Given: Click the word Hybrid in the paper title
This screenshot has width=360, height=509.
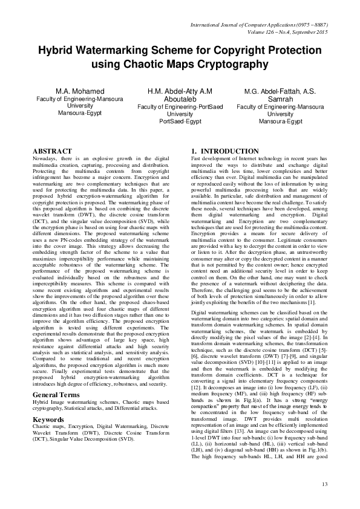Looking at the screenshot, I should click(x=57, y=51).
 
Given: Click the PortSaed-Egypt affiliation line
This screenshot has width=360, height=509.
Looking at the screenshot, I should click(x=180, y=121).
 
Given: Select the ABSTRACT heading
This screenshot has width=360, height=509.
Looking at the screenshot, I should click(x=52, y=151).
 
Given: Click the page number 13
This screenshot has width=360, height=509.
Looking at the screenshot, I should click(x=324, y=484).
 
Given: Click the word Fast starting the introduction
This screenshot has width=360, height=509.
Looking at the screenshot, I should click(x=197, y=158).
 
